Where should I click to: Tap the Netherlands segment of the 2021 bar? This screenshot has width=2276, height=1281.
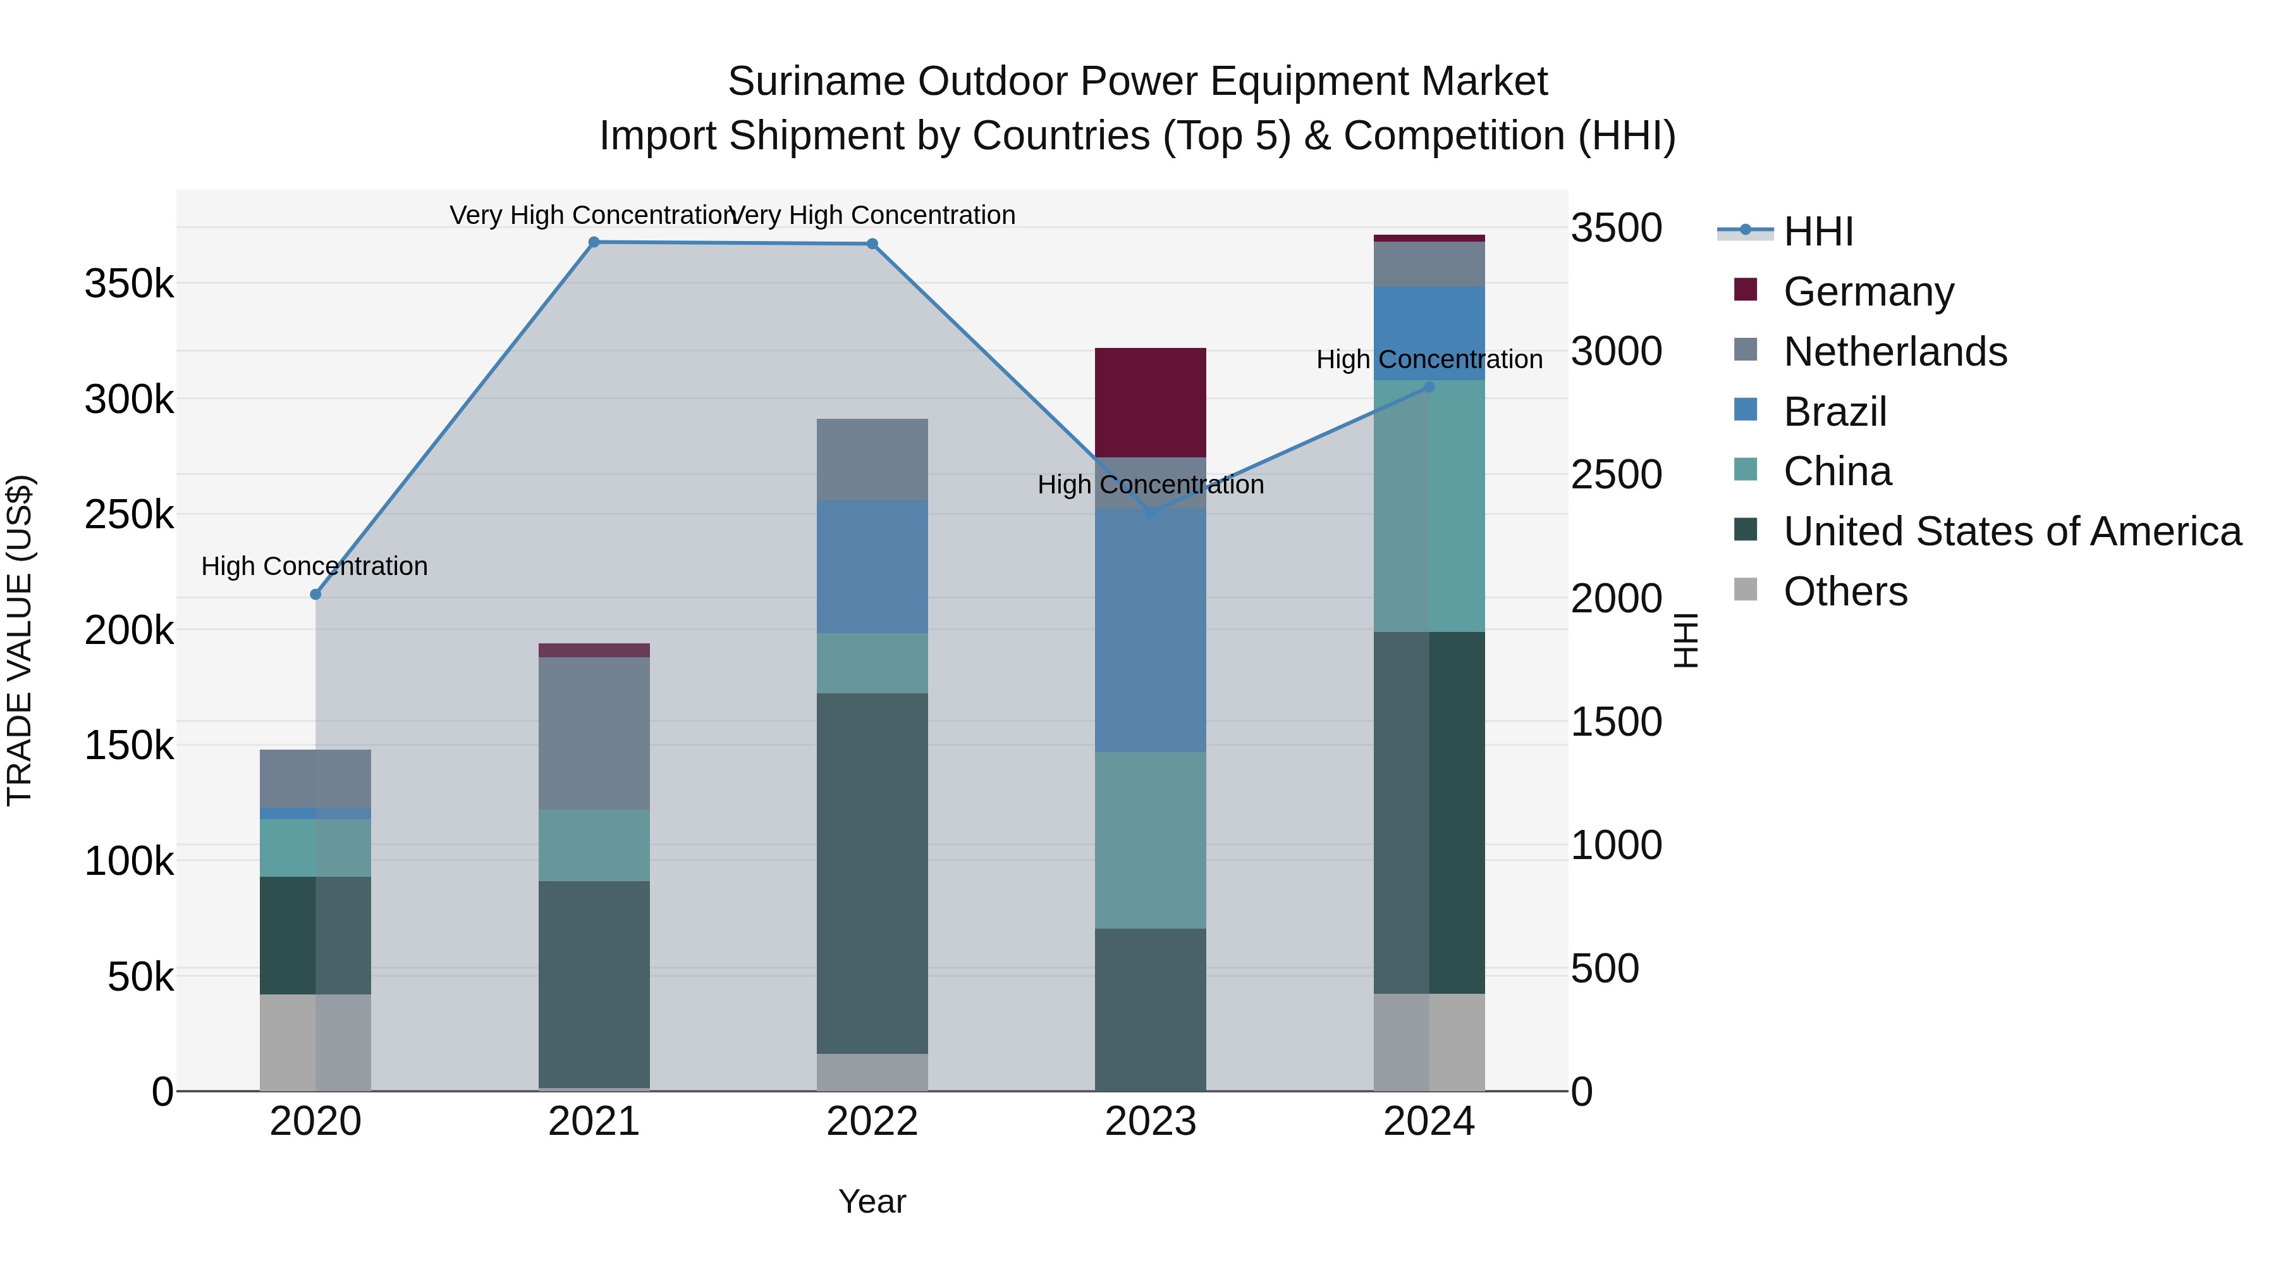[594, 733]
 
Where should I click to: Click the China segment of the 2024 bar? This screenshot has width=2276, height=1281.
[1429, 505]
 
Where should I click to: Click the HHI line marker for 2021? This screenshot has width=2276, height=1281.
[594, 242]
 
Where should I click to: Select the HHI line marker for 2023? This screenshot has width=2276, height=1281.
[1151, 513]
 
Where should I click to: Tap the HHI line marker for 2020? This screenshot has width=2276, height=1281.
[315, 594]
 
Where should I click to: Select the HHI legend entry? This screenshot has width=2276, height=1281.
[1818, 232]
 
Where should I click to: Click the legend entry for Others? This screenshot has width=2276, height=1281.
[1845, 591]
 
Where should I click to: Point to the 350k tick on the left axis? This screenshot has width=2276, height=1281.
[129, 285]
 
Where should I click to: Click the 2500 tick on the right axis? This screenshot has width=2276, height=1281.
[1616, 474]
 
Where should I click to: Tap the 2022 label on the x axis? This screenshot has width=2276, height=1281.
[872, 1122]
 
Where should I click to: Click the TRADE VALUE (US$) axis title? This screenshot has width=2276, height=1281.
[20, 640]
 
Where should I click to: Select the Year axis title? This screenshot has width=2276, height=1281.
[872, 1201]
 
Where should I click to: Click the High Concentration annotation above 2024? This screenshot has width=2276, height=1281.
[1429, 360]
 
